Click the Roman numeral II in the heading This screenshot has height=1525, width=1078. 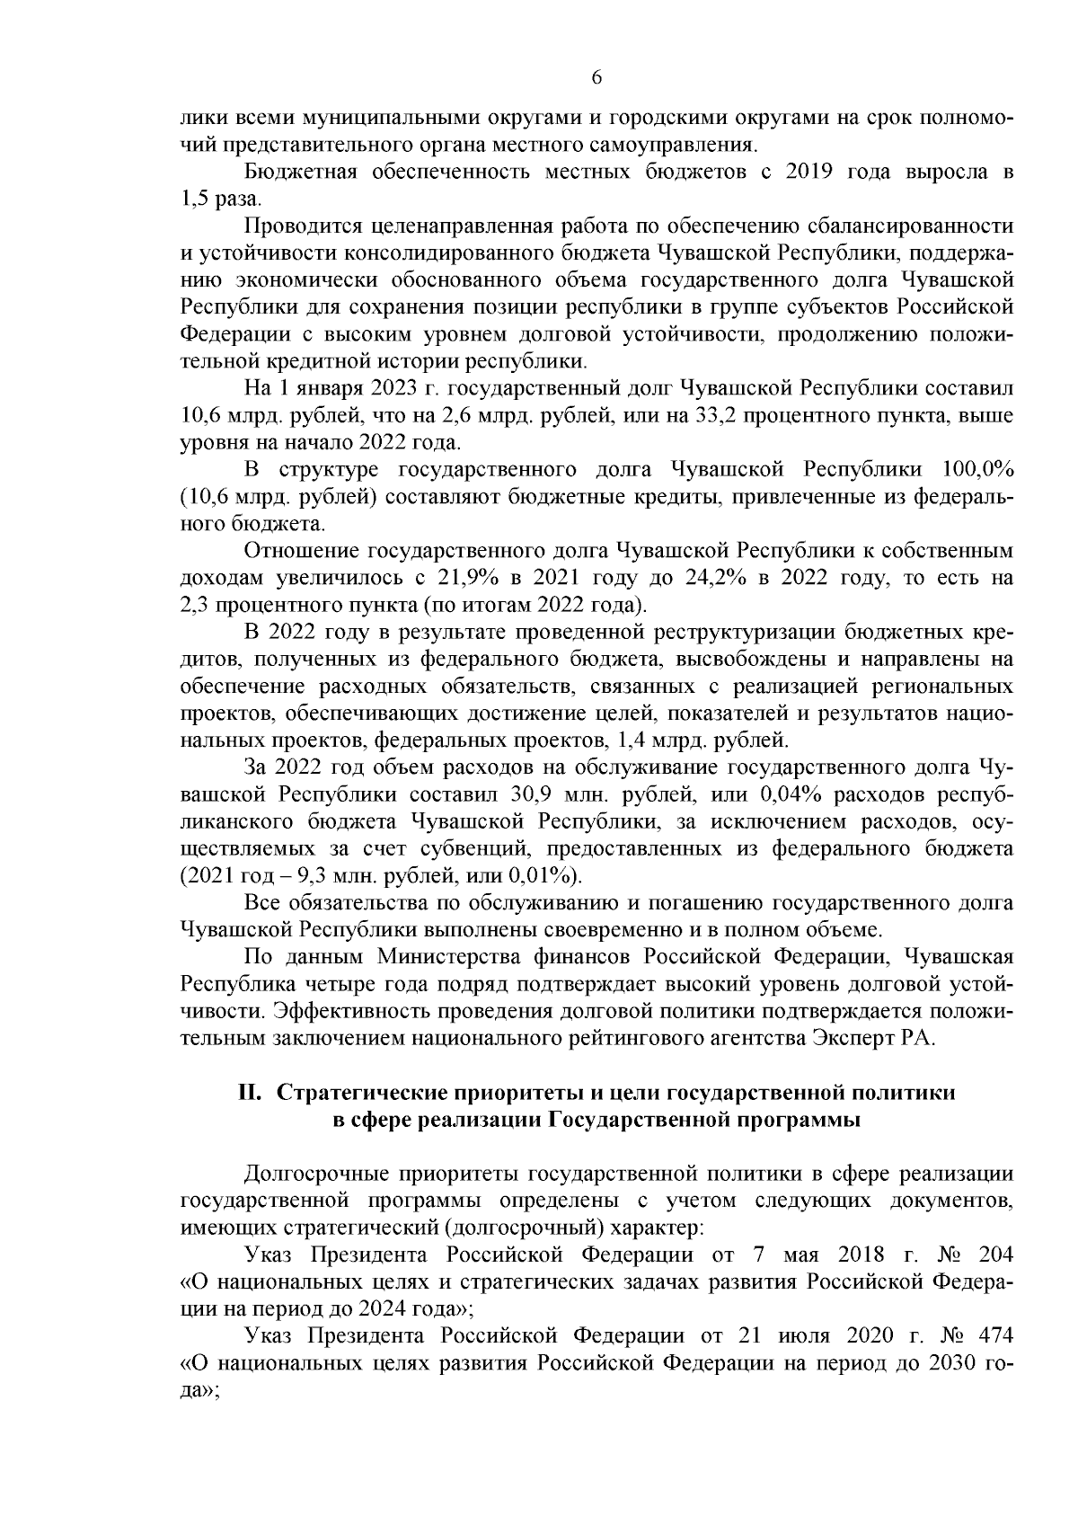click(249, 1093)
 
